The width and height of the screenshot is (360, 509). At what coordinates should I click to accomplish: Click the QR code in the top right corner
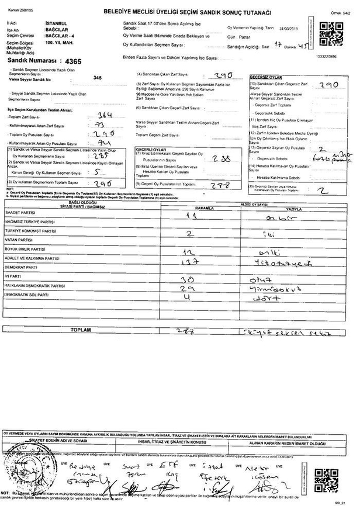pos(331,32)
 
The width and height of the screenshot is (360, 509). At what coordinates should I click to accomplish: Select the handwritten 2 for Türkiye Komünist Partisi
pos(189,232)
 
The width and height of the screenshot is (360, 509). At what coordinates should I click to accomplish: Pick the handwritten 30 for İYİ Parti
pos(188,278)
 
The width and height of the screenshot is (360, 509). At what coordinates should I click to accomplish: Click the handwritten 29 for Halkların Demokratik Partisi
pos(188,288)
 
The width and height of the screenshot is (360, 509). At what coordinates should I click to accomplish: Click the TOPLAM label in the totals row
pos(81,330)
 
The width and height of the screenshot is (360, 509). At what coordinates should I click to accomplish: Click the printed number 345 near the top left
pos(97,77)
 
